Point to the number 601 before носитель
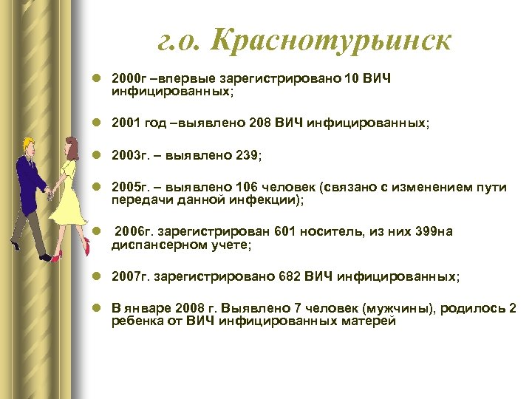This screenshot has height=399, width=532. pyautogui.click(x=286, y=231)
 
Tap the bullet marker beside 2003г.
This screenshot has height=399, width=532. pyautogui.click(x=98, y=156)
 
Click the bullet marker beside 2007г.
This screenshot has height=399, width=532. pyautogui.click(x=98, y=277)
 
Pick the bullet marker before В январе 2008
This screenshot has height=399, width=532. pyautogui.click(x=98, y=308)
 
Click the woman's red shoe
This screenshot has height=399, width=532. pyautogui.click(x=58, y=255)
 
